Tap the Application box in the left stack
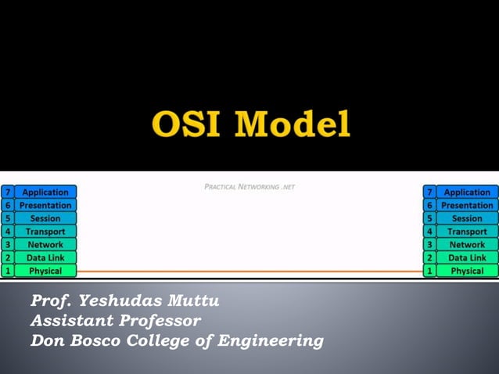(45, 192)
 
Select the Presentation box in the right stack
(467, 205)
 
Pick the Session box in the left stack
(45, 218)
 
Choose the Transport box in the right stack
(467, 232)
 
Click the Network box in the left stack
(45, 244)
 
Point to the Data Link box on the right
(467, 257)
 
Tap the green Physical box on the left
(45, 271)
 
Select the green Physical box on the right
(467, 271)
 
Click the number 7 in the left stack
(7, 192)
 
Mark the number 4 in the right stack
(429, 232)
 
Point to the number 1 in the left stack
(7, 271)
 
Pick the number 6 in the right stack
(429, 205)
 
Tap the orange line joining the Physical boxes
(250, 272)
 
